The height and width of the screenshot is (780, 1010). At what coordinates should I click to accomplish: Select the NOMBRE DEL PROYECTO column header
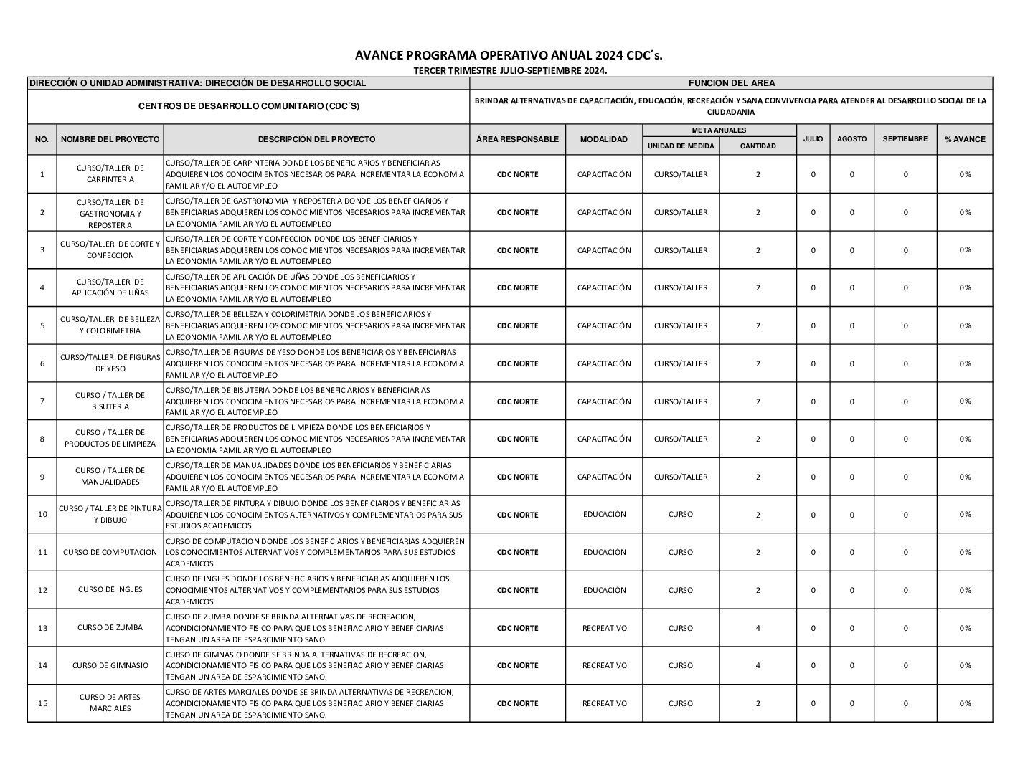click(x=110, y=139)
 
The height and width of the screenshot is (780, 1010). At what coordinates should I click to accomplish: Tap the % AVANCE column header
click(x=964, y=139)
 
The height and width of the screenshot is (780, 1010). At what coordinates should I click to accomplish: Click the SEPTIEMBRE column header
click(x=905, y=139)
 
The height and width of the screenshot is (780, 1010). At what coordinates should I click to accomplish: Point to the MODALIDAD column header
click(x=603, y=139)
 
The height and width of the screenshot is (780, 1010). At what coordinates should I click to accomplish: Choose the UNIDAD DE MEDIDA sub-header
click(x=680, y=146)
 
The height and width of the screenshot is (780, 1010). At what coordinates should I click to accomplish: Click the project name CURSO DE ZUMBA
click(x=110, y=628)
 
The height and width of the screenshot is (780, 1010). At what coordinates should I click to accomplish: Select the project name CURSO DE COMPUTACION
click(x=110, y=552)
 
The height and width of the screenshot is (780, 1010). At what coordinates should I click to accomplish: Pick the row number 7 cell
click(x=42, y=401)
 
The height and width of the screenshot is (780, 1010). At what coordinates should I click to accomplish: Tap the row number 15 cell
click(x=42, y=703)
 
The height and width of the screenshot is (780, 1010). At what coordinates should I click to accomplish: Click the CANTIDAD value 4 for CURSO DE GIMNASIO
click(x=757, y=665)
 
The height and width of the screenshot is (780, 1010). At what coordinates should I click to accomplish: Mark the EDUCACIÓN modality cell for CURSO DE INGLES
click(x=603, y=590)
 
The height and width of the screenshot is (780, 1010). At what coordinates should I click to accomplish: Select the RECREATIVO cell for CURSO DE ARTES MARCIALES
click(x=603, y=703)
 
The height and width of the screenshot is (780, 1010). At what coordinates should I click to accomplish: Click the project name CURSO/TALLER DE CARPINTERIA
click(x=110, y=173)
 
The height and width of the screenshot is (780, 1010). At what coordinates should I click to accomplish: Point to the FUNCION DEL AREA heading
click(x=731, y=83)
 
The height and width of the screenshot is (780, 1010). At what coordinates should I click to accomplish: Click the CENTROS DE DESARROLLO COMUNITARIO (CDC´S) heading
click(x=248, y=106)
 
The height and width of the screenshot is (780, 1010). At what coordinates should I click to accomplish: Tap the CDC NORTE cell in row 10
click(x=517, y=515)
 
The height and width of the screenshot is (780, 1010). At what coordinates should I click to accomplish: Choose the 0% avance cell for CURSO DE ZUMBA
click(x=964, y=628)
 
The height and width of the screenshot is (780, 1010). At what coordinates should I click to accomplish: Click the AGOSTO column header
click(x=851, y=139)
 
